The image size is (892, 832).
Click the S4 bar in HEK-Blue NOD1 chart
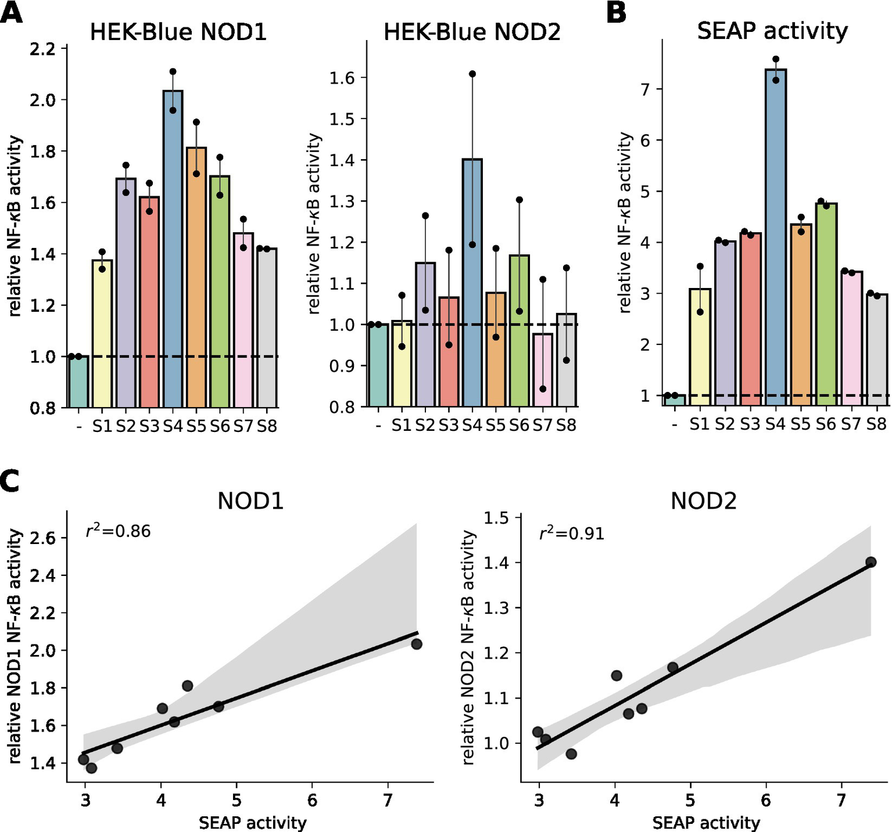[173, 250]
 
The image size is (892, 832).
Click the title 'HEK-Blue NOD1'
[178, 32]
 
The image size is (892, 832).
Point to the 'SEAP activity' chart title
[772, 31]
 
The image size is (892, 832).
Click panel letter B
[616, 13]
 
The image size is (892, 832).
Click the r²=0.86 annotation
[118, 531]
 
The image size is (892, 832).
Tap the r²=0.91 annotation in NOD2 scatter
[572, 533]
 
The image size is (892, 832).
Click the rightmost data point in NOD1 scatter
[416, 644]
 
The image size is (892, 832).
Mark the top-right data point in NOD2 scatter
[870, 562]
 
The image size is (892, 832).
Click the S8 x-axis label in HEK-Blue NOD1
[267, 427]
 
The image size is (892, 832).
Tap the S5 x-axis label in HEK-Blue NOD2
[496, 426]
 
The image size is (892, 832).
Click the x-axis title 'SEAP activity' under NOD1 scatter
[252, 822]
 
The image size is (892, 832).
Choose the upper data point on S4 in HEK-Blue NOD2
[472, 74]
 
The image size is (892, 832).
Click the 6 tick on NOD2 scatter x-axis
[766, 801]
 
